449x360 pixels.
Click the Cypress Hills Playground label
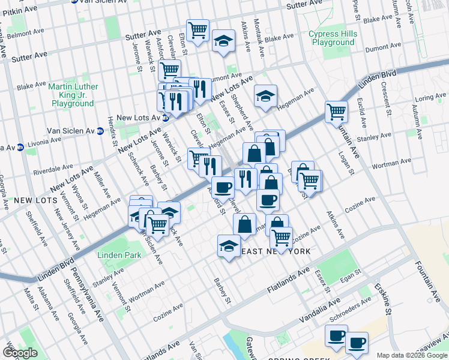coord(332,38)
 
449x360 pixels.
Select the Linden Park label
coord(120,255)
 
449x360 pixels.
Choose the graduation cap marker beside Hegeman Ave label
coord(265,95)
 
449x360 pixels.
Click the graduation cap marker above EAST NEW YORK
coord(228,246)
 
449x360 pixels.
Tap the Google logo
coord(19,353)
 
